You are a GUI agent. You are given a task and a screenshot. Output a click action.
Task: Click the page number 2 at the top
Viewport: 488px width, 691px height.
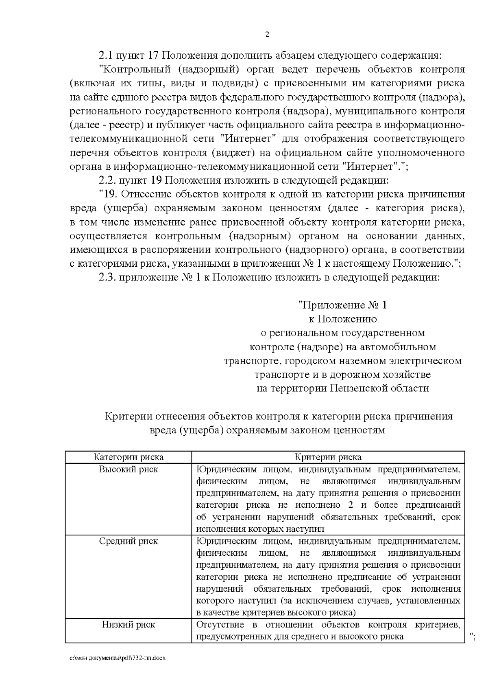(x=267, y=35)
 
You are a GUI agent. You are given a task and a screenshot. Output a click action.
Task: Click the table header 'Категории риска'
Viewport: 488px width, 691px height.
(x=129, y=457)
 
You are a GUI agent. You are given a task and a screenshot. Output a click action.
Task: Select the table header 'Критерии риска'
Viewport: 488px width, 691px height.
(x=328, y=457)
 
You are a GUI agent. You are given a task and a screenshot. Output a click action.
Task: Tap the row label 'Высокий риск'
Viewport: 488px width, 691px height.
(x=129, y=469)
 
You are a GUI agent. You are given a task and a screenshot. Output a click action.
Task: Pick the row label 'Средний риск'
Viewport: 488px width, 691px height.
(x=129, y=541)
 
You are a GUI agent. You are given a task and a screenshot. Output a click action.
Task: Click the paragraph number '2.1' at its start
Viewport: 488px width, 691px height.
(x=106, y=56)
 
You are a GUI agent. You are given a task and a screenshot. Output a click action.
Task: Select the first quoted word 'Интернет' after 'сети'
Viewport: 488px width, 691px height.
(x=250, y=139)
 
